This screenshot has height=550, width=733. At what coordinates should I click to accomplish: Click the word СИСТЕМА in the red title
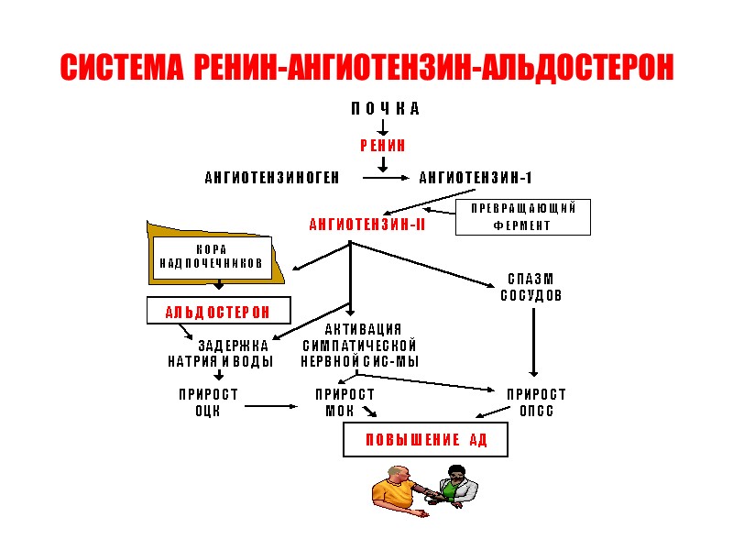click(x=123, y=67)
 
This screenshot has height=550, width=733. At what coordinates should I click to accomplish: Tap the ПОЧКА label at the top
click(x=385, y=109)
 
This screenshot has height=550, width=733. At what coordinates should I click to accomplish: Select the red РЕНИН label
click(x=382, y=146)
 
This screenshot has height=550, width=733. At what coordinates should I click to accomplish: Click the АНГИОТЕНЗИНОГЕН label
click(x=272, y=178)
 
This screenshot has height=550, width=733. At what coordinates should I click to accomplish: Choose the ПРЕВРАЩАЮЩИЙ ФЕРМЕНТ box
click(x=523, y=217)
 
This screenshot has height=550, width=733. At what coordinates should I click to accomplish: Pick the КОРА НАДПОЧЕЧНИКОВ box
click(x=212, y=256)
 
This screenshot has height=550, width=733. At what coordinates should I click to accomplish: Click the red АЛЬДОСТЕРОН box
click(x=218, y=312)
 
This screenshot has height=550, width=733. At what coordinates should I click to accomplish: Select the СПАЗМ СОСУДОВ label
click(x=531, y=287)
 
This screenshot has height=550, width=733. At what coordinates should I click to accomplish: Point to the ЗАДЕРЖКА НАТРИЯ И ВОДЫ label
click(x=221, y=353)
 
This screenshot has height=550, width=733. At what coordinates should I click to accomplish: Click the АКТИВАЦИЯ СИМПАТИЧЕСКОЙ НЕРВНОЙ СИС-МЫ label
click(x=360, y=346)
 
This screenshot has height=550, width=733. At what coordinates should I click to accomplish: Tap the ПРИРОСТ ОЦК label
click(x=208, y=402)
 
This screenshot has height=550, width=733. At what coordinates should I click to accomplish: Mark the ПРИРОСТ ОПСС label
click(x=537, y=402)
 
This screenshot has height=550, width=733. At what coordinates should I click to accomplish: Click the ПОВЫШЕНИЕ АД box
click(x=425, y=441)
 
